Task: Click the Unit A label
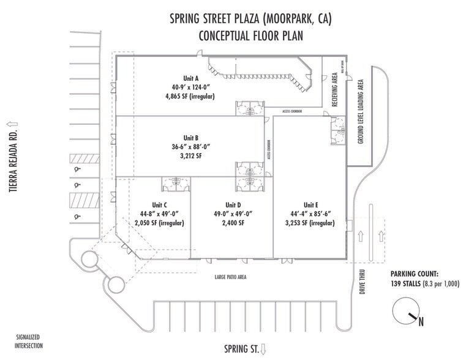[192, 78]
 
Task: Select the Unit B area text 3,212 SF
[192, 156]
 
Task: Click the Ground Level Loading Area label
[361, 112]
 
